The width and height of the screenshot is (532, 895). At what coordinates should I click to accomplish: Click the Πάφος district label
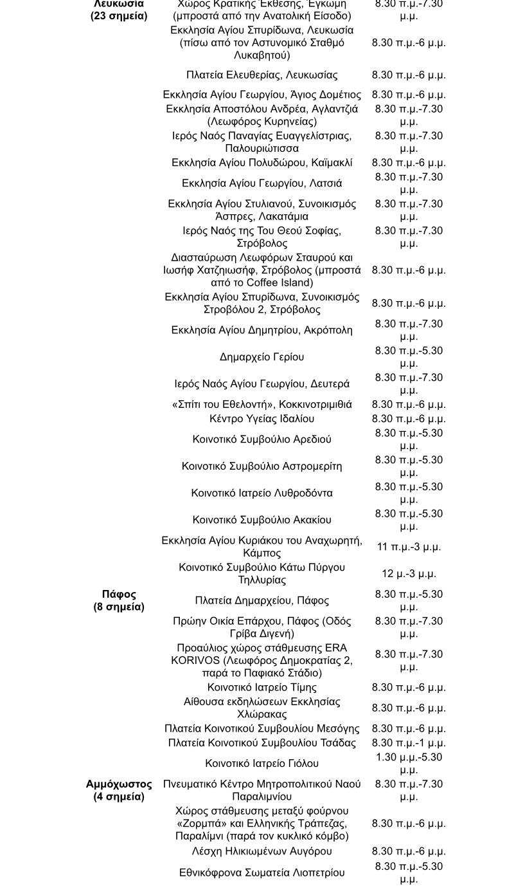tap(119, 594)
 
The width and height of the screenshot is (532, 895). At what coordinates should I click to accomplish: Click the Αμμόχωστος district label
tap(119, 784)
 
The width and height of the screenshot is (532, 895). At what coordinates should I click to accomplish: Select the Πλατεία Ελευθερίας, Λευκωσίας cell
tap(262, 75)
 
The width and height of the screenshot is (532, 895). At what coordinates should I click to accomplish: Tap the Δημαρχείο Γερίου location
tap(262, 357)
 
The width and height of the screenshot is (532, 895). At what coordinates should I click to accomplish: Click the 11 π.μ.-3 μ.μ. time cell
tap(409, 547)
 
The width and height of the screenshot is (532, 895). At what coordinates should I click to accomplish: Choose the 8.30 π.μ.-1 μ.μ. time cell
tap(409, 743)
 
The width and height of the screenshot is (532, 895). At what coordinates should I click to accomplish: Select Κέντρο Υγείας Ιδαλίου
tap(262, 419)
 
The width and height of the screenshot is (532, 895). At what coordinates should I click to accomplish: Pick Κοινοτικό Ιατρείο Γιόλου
tap(262, 764)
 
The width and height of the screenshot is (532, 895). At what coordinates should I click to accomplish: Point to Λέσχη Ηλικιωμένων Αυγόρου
tap(262, 851)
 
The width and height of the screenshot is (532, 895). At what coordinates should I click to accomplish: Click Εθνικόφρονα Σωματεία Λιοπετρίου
tap(262, 873)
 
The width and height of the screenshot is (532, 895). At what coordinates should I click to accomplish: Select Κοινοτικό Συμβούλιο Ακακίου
tap(262, 520)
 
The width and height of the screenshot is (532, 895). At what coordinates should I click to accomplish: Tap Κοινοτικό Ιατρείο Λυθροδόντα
tap(262, 494)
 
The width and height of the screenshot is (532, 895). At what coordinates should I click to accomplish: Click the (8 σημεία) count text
tap(119, 607)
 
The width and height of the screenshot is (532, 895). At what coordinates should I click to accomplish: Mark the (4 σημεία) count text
tap(119, 797)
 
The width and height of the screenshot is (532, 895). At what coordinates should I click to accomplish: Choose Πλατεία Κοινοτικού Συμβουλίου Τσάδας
tap(262, 743)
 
